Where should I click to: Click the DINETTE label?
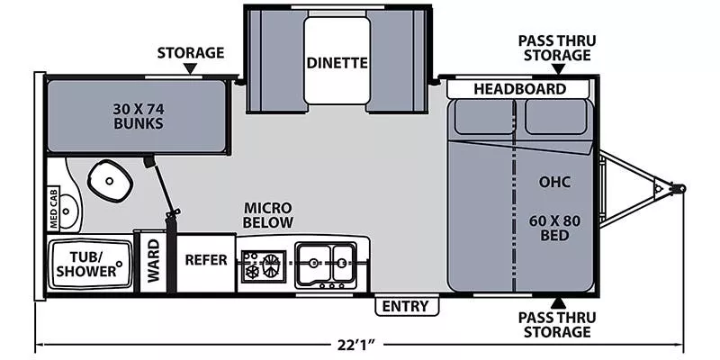pos(337,63)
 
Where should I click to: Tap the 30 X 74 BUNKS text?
pos(138,116)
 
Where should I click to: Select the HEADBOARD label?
pos(520,89)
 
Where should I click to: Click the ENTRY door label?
pos(405,306)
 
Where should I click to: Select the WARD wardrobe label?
pos(153,262)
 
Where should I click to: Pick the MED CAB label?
pos(54,208)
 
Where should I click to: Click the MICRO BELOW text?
pos(268,215)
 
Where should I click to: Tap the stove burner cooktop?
pos(263,265)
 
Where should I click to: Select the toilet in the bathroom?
pos(111,181)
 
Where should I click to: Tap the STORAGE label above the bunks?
pos(190,52)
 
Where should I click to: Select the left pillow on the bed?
pos(481,117)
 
